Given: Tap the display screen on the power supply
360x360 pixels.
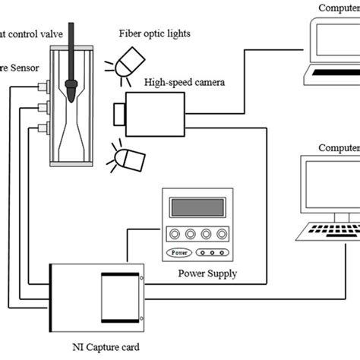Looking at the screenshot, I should click(197, 207).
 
